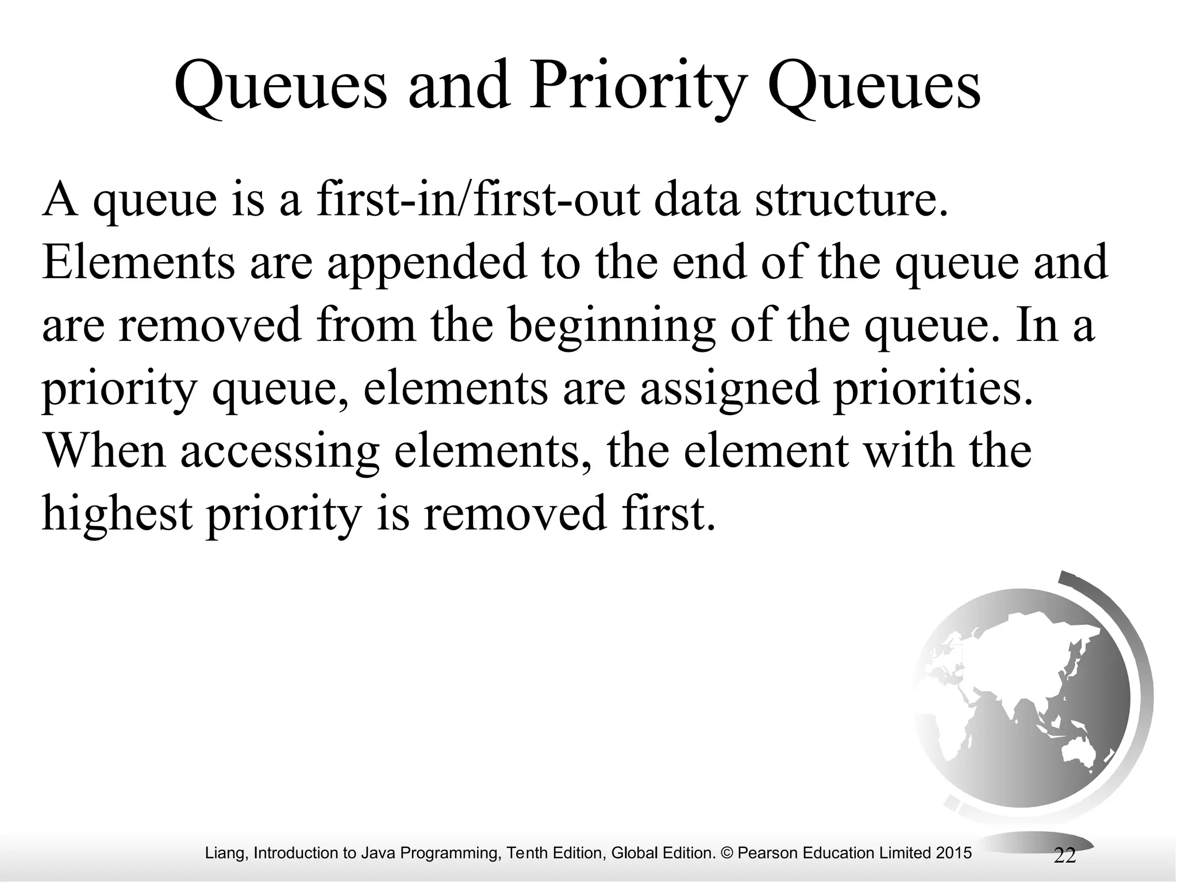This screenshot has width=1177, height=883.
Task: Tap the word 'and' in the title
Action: (459, 86)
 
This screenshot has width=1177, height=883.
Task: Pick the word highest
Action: (117, 513)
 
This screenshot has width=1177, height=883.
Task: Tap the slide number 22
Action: (1064, 855)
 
